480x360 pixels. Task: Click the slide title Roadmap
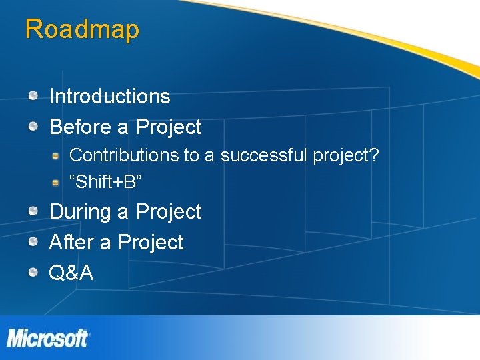[82, 29]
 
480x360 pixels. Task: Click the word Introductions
[109, 97]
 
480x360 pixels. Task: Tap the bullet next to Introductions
[32, 96]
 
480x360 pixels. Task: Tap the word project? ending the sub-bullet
[345, 156]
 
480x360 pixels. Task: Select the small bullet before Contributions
[57, 155]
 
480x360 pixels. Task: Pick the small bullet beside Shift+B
[57, 181]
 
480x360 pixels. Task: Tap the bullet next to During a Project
[32, 211]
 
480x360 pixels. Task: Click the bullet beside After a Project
[32, 242]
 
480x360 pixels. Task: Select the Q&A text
[71, 272]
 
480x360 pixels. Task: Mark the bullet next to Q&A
[32, 272]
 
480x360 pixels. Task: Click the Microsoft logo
[47, 337]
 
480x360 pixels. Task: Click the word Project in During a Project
[169, 212]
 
